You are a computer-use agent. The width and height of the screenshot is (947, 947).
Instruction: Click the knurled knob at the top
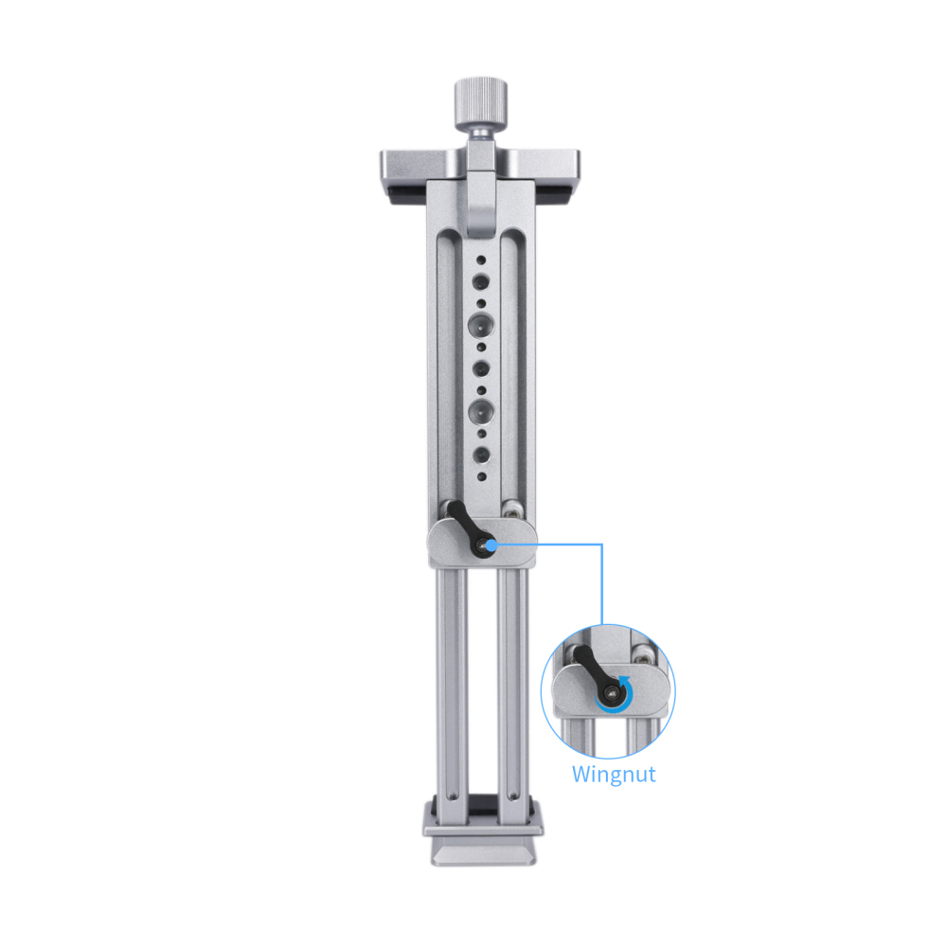[481, 102]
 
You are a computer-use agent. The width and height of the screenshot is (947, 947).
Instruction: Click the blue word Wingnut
[614, 775]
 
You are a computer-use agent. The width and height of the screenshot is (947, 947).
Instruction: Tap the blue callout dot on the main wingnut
[491, 545]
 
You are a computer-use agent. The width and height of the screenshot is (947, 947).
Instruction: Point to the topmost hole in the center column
[481, 260]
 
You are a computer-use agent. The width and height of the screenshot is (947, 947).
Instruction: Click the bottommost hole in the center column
[481, 476]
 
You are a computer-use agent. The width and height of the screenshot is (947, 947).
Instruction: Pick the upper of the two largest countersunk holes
[481, 326]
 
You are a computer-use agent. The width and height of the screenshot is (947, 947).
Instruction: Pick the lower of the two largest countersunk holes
[481, 412]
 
